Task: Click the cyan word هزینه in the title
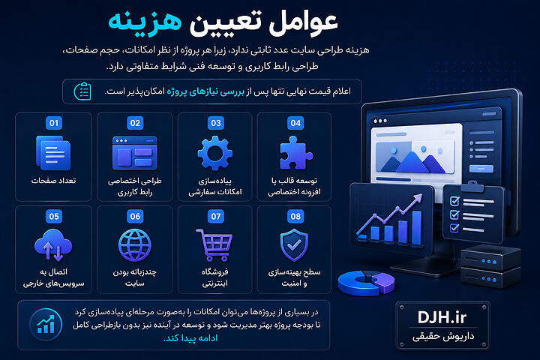[x=145, y=22]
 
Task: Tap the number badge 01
[x=54, y=123]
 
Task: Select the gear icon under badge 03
[x=215, y=153]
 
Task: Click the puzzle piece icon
[x=295, y=153]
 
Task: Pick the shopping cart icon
[x=214, y=245]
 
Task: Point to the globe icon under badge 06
[x=135, y=245]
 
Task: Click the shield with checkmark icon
[x=294, y=245]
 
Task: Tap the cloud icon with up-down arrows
[x=53, y=245]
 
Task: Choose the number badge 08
[x=295, y=216]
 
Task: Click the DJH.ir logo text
[x=442, y=317]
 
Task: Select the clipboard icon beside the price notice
[x=82, y=91]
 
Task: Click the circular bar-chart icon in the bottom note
[x=46, y=325]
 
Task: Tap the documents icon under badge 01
[x=53, y=153]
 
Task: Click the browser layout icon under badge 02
[x=135, y=153]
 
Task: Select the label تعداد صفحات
[x=54, y=181]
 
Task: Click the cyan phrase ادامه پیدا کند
[x=190, y=338]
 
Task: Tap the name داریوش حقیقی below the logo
[x=443, y=336]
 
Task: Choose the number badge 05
[x=54, y=216]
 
